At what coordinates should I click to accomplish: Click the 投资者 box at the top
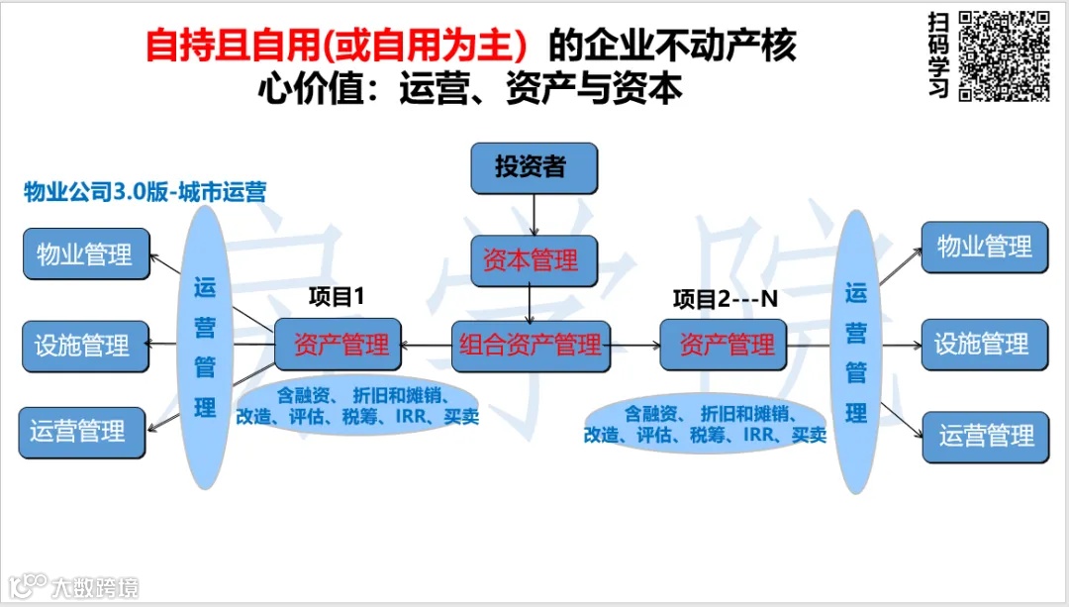(x=534, y=167)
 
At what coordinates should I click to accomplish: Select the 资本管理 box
(x=533, y=261)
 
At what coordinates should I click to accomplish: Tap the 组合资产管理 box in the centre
(x=531, y=346)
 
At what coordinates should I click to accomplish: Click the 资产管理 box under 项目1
(x=338, y=346)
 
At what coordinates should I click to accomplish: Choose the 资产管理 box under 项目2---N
(x=724, y=346)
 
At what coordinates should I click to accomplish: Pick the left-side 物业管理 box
(x=86, y=253)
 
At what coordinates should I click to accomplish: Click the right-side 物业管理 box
(x=983, y=247)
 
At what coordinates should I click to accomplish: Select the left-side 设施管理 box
(x=84, y=346)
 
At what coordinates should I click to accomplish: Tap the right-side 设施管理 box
(x=983, y=345)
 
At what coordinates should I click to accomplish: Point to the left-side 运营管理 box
(x=81, y=432)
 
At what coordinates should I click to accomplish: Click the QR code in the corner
(x=1004, y=54)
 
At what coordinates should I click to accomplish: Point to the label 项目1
(x=338, y=296)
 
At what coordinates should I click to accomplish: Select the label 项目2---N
(x=726, y=298)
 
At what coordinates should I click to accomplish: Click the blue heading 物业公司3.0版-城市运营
(x=145, y=192)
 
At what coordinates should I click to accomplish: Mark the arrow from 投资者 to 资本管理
(x=534, y=214)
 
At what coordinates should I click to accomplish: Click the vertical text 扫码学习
(x=939, y=55)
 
